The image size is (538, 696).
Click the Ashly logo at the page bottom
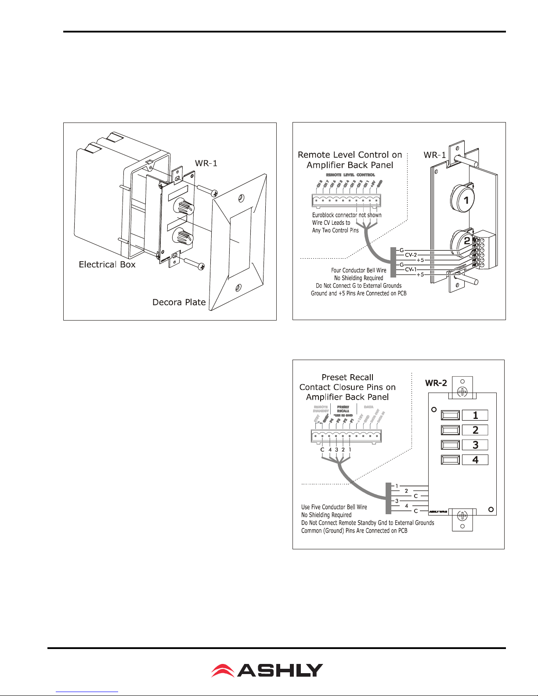point(267,670)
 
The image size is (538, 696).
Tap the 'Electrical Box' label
point(107,264)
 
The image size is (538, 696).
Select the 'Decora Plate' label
point(179,302)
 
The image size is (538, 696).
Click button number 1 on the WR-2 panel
point(475,415)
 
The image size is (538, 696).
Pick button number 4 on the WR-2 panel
point(475,460)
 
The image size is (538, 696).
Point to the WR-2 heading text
point(436,383)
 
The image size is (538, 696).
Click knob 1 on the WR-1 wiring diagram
point(466,200)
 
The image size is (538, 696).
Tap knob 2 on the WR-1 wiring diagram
point(466,240)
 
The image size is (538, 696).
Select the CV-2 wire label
point(411,255)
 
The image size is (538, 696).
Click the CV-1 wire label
point(411,269)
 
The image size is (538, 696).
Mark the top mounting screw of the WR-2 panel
point(462,391)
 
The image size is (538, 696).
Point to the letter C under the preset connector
point(322,450)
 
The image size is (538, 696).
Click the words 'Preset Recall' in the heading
point(347,377)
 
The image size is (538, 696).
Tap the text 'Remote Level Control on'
point(350,155)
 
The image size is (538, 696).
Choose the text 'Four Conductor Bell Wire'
point(358,270)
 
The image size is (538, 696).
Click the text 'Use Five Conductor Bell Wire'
point(334,507)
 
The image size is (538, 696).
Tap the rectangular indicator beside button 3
point(450,445)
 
